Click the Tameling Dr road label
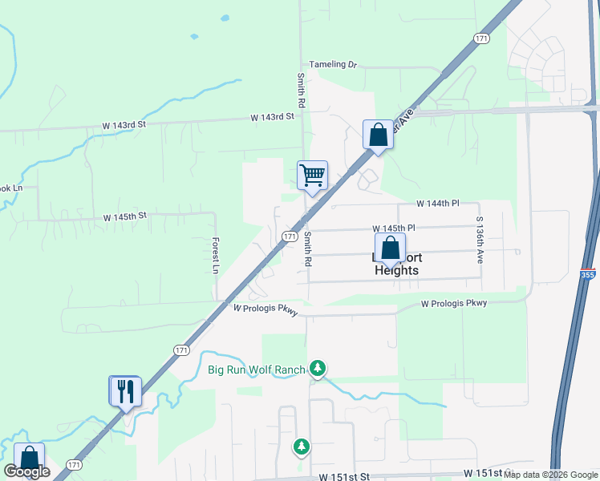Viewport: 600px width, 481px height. click(x=332, y=64)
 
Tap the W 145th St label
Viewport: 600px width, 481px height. click(x=125, y=216)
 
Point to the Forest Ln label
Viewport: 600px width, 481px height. click(x=215, y=256)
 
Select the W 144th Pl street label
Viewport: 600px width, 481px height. click(x=437, y=204)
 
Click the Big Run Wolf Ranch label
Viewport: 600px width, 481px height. click(x=257, y=370)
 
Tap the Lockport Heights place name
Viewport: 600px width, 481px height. click(x=396, y=264)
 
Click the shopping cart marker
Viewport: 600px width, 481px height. click(x=312, y=175)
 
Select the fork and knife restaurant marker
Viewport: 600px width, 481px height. click(x=126, y=391)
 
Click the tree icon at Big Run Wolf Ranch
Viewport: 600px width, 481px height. click(x=318, y=368)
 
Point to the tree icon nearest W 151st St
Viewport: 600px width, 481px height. click(x=302, y=446)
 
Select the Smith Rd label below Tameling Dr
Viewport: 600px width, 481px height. click(x=301, y=91)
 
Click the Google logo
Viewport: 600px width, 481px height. click(x=26, y=471)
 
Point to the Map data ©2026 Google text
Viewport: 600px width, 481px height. click(x=551, y=475)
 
